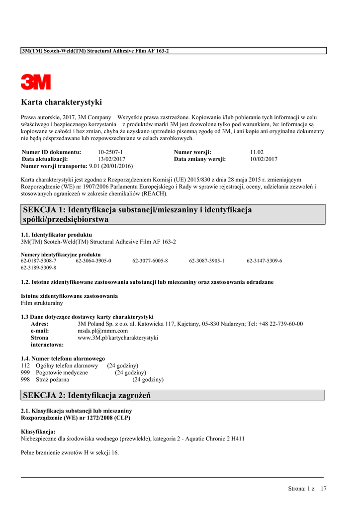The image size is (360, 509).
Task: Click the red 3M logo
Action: [x=36, y=82]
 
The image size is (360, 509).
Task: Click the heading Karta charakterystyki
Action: [x=61, y=102]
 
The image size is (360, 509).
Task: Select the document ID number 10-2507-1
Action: [x=110, y=152]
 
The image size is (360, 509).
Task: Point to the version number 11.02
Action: [x=257, y=152]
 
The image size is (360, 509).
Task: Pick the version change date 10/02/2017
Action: [x=264, y=159]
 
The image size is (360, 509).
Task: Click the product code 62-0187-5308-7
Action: [x=38, y=260]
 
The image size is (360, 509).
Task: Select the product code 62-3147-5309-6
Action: [x=264, y=260]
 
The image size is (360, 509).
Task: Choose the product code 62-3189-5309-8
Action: [x=38, y=267]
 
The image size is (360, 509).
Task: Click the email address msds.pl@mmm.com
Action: [x=102, y=331]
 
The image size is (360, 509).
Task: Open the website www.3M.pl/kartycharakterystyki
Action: [x=118, y=338]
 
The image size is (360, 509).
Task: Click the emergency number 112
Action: [x=25, y=365]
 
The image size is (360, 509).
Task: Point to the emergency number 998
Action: [x=25, y=379]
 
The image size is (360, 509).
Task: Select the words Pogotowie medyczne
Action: [x=62, y=372]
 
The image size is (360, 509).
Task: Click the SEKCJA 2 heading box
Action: [x=173, y=396]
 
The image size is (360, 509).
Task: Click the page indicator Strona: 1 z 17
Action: [x=307, y=489]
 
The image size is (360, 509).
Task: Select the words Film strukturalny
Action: [x=42, y=303]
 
